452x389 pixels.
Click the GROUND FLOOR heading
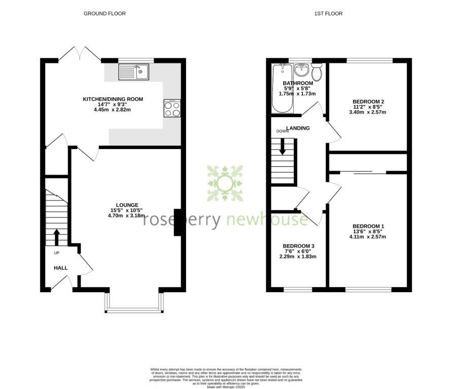coord(105,14)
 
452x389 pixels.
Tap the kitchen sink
coord(134,73)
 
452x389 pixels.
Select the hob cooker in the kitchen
coord(172,108)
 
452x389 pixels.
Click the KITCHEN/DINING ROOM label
coord(113,99)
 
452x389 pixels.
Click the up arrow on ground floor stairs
coord(56,236)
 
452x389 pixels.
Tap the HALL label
coord(61,268)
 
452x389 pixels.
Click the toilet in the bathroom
coord(317,73)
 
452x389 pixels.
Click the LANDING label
coord(298,128)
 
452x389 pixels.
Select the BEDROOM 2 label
coord(368,101)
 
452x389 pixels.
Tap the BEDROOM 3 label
coord(298,246)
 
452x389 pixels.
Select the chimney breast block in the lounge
coord(178,223)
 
